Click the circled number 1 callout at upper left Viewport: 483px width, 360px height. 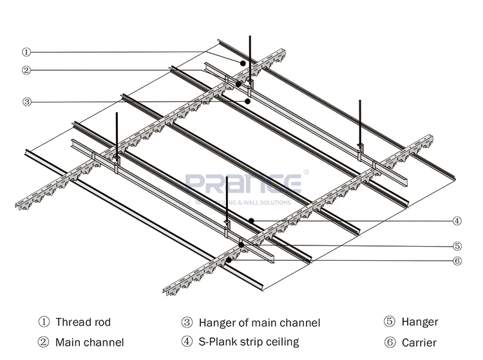click(26, 52)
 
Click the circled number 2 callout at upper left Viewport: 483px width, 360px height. click(26, 70)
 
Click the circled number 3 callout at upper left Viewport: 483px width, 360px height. click(26, 101)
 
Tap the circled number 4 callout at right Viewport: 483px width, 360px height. click(457, 221)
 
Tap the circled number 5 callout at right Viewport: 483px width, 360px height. click(457, 245)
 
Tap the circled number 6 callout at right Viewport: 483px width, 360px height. click(457, 261)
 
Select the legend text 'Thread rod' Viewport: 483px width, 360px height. click(83, 322)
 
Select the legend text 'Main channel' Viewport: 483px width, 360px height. click(90, 343)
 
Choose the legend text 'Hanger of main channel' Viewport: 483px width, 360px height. click(259, 323)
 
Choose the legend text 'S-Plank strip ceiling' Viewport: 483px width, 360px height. click(249, 342)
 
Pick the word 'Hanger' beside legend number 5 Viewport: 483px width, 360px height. click(420, 322)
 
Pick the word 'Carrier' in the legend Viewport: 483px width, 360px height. click(419, 343)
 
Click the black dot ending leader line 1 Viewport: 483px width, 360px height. click(243, 63)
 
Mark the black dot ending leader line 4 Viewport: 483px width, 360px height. click(252, 221)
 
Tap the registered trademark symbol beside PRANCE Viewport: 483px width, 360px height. click(306, 173)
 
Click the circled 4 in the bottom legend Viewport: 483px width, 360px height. click(187, 342)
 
